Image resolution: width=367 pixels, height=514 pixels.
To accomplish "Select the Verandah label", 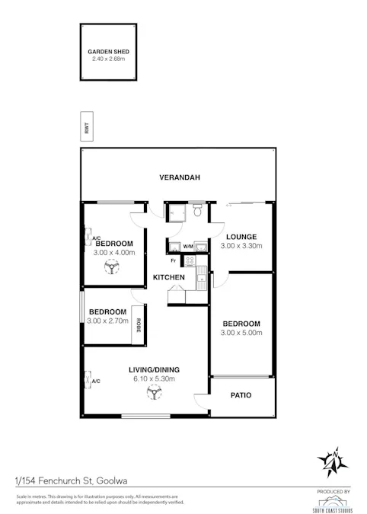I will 179,177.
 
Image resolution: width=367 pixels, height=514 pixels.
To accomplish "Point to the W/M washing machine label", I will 187,246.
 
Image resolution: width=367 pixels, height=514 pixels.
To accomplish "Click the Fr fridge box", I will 174,260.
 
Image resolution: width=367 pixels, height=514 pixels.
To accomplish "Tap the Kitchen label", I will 168,277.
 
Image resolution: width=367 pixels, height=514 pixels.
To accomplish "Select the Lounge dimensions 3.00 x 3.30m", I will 241,246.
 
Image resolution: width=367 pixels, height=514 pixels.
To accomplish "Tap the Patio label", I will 241,395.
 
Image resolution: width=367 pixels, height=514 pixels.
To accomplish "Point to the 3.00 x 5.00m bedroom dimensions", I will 241,333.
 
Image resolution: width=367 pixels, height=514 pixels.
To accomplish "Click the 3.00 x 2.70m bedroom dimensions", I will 107,321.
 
